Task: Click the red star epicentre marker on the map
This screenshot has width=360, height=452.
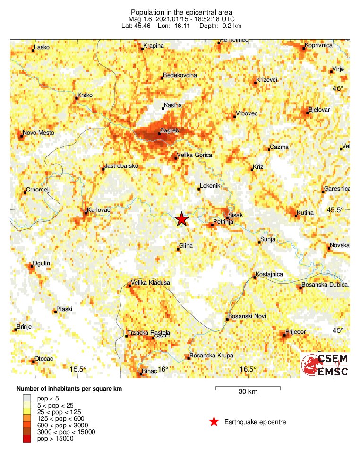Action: (181, 219)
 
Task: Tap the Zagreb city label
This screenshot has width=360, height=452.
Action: (169, 130)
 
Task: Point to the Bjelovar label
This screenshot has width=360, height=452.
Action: (319, 110)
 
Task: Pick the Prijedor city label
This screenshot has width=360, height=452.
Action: (297, 332)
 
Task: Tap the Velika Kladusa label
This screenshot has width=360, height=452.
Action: (150, 283)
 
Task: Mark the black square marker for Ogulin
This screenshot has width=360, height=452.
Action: (31, 266)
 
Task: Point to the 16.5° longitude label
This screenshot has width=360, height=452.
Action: (248, 369)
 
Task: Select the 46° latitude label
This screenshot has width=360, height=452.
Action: (338, 88)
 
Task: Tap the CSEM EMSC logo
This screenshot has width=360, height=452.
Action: (325, 365)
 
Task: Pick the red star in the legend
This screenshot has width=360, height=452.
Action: (214, 422)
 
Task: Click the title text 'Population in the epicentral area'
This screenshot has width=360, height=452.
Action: (182, 12)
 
